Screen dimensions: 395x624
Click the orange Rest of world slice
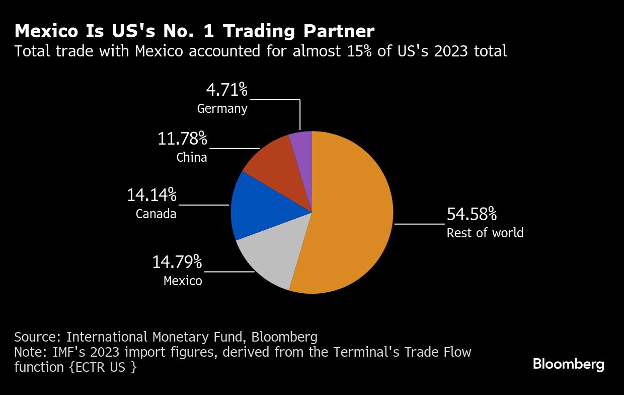[352, 212]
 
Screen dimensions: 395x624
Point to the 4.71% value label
[227, 90]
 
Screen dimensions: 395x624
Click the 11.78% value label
[182, 139]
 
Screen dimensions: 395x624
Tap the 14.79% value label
[177, 262]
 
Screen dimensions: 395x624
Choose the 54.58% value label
[472, 214]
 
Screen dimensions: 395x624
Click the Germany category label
[222, 109]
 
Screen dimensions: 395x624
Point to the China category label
[192, 158]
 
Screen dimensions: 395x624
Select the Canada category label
[156, 214]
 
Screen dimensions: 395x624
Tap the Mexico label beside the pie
[183, 281]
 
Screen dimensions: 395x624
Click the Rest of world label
[485, 233]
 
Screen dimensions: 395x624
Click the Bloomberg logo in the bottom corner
[569, 364]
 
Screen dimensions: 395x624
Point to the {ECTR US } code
[103, 367]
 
